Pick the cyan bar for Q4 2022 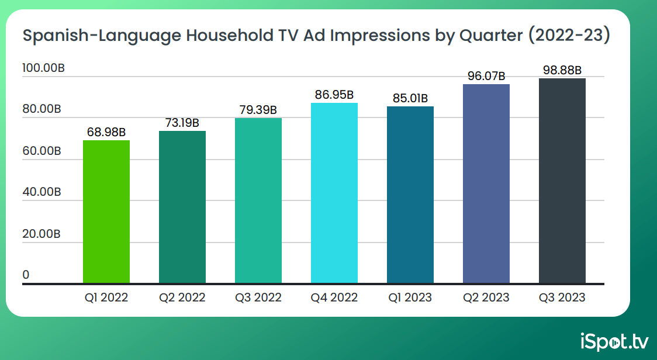click(334, 193)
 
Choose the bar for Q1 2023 click(410, 195)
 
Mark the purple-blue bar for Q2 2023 click(486, 184)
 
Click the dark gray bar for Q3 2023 click(562, 181)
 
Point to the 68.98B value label click(106, 133)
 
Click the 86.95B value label click(334, 95)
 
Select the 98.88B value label click(562, 70)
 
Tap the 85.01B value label click(410, 98)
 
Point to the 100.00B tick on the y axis click(43, 68)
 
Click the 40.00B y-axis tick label click(42, 192)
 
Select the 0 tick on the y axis click(26, 275)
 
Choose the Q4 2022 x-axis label click(334, 297)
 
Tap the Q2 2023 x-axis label click(486, 297)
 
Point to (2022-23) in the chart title click(569, 35)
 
